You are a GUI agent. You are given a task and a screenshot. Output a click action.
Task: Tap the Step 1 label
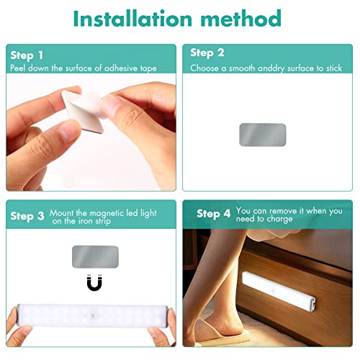(x=27, y=55)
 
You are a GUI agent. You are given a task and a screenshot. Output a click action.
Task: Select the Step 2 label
(x=207, y=53)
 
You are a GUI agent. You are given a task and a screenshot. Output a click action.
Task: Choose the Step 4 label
(x=213, y=214)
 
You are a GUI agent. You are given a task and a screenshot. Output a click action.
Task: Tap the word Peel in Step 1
(x=18, y=68)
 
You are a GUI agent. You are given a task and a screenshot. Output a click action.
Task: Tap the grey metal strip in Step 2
(x=262, y=135)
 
